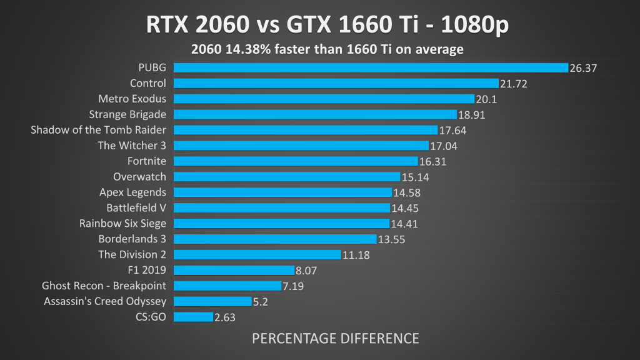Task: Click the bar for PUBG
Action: click(x=371, y=67)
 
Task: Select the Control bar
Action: click(x=336, y=83)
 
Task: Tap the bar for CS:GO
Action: click(x=193, y=317)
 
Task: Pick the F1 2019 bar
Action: click(x=234, y=270)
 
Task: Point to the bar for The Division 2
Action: click(x=257, y=254)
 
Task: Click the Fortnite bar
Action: click(x=296, y=161)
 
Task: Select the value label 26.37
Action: click(x=584, y=68)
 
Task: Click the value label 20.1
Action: click(x=486, y=99)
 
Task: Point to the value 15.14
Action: click(x=414, y=177)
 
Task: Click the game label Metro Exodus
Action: click(x=132, y=99)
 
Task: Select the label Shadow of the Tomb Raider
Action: click(x=99, y=130)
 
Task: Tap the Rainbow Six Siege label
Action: click(x=122, y=223)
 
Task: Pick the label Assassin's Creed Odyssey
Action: click(x=105, y=301)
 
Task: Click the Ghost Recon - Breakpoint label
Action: click(x=104, y=286)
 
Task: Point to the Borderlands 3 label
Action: click(x=132, y=239)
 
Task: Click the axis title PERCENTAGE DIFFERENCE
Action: click(x=336, y=339)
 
